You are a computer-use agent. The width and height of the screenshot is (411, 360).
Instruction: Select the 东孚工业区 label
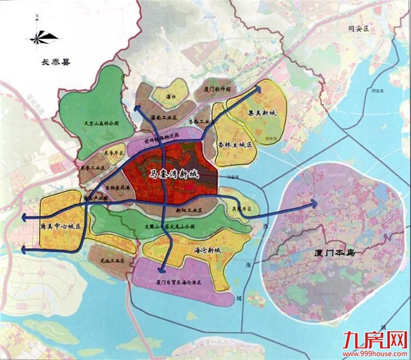(91, 168)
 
